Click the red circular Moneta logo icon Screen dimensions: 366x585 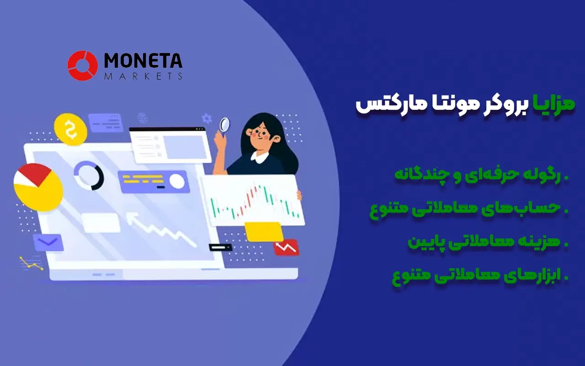click(82, 65)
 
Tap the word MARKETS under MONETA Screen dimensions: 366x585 click(143, 76)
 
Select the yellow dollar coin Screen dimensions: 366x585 click(70, 129)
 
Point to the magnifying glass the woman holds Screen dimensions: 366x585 click(225, 124)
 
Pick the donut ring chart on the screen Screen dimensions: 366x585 click(89, 175)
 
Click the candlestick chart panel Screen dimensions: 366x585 click(253, 201)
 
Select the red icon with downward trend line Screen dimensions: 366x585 click(286, 248)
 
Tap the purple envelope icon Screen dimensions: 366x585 click(48, 242)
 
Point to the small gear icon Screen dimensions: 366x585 click(207, 118)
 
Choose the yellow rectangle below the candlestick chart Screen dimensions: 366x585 click(263, 231)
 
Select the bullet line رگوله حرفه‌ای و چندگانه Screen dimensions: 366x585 click(480, 176)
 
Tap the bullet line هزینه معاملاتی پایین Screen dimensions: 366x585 click(487, 242)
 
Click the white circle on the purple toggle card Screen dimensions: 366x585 click(177, 182)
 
